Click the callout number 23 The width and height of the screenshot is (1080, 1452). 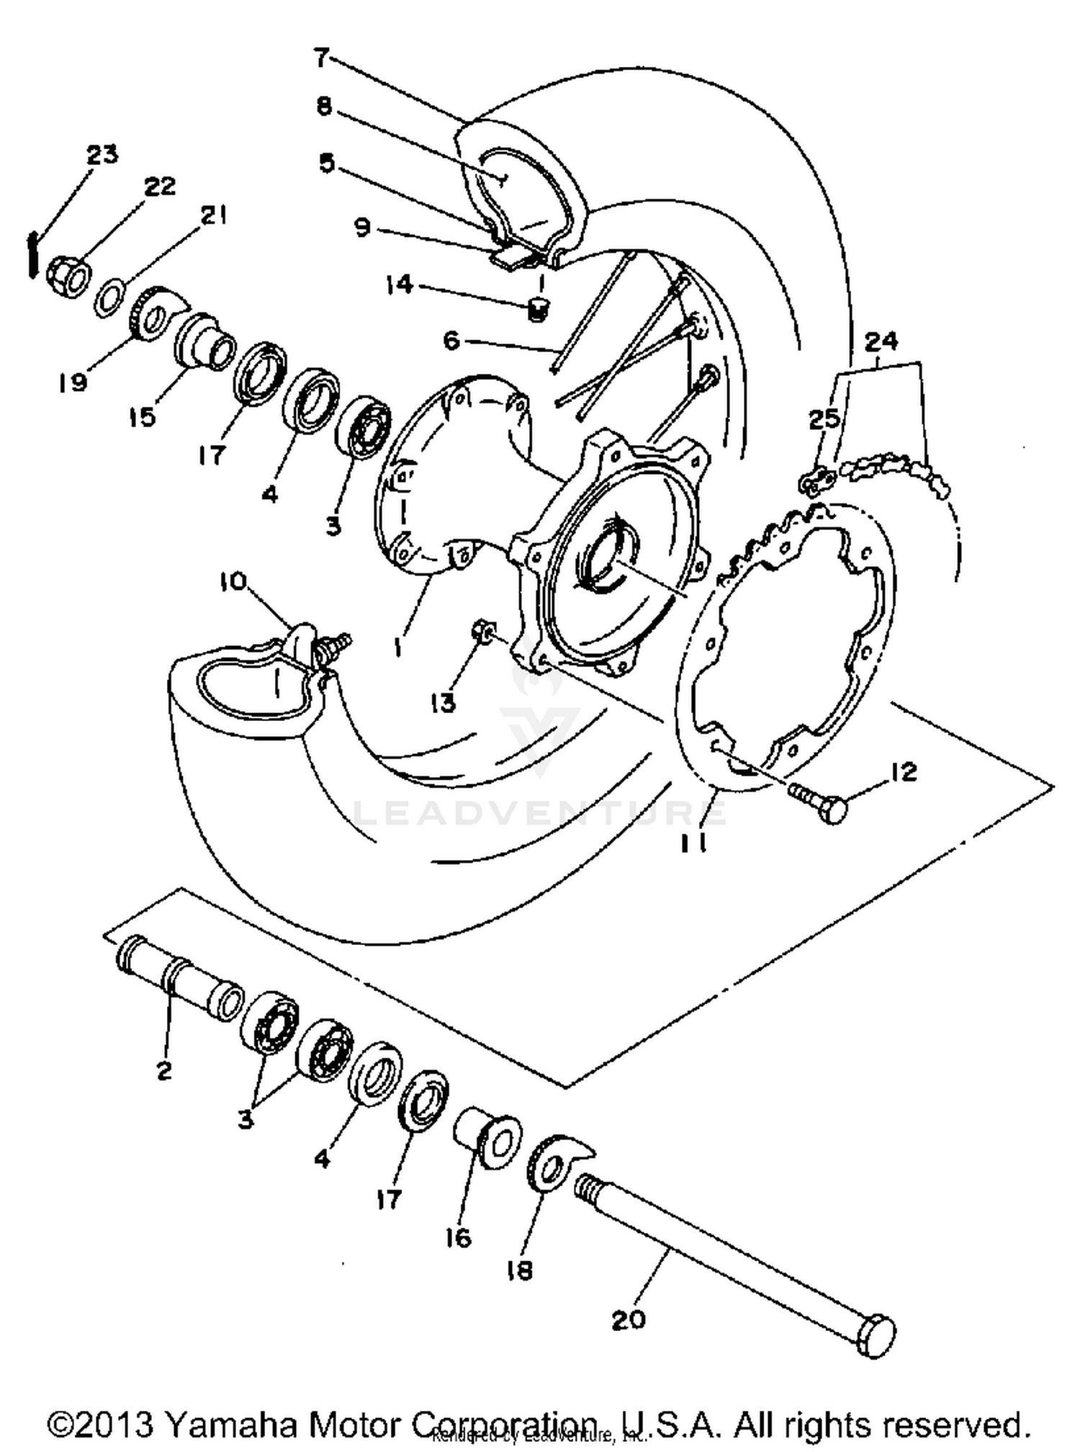click(x=102, y=154)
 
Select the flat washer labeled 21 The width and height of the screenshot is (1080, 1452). click(x=110, y=297)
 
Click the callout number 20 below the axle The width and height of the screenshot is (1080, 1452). click(x=628, y=1320)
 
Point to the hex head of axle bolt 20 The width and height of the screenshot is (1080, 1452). click(x=876, y=1337)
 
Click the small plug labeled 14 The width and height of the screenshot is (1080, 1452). click(x=536, y=310)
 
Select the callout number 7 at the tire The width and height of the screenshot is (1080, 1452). click(x=322, y=58)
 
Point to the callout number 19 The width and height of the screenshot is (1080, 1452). click(x=73, y=382)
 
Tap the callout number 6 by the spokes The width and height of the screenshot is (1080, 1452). click(x=451, y=340)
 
